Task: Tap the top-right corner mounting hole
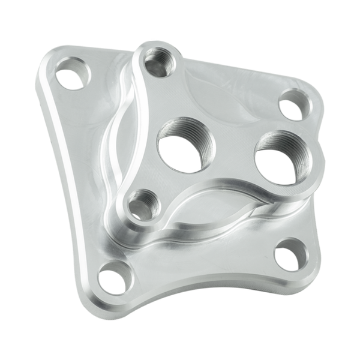coord(290,103)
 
